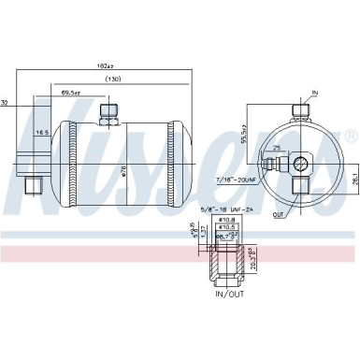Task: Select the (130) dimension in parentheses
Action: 114,79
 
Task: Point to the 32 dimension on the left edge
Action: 5,103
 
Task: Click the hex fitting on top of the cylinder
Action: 108,112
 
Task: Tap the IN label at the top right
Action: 314,94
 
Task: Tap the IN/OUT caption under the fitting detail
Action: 230,295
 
